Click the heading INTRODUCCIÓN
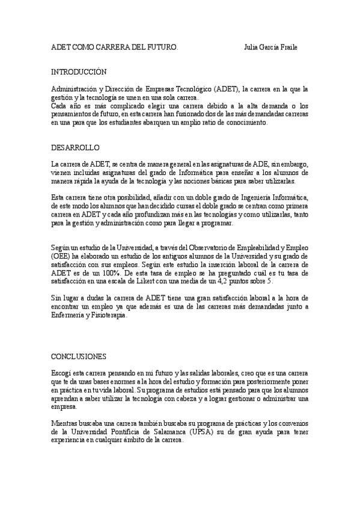tap(78, 72)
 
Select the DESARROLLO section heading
tap(75, 147)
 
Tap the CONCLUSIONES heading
tap(78, 356)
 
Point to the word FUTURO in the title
tap(162, 48)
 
